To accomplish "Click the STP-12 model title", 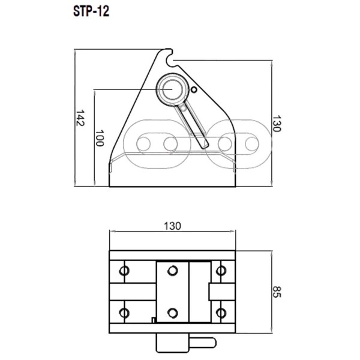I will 91,11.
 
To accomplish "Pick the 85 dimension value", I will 278,292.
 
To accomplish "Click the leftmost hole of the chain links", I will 144,143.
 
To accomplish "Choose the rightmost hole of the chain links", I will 247,143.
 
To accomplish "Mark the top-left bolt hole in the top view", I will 125,270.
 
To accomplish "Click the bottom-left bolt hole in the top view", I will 125,313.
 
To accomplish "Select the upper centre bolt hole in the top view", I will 173,270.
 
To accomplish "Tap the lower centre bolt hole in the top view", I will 173,313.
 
